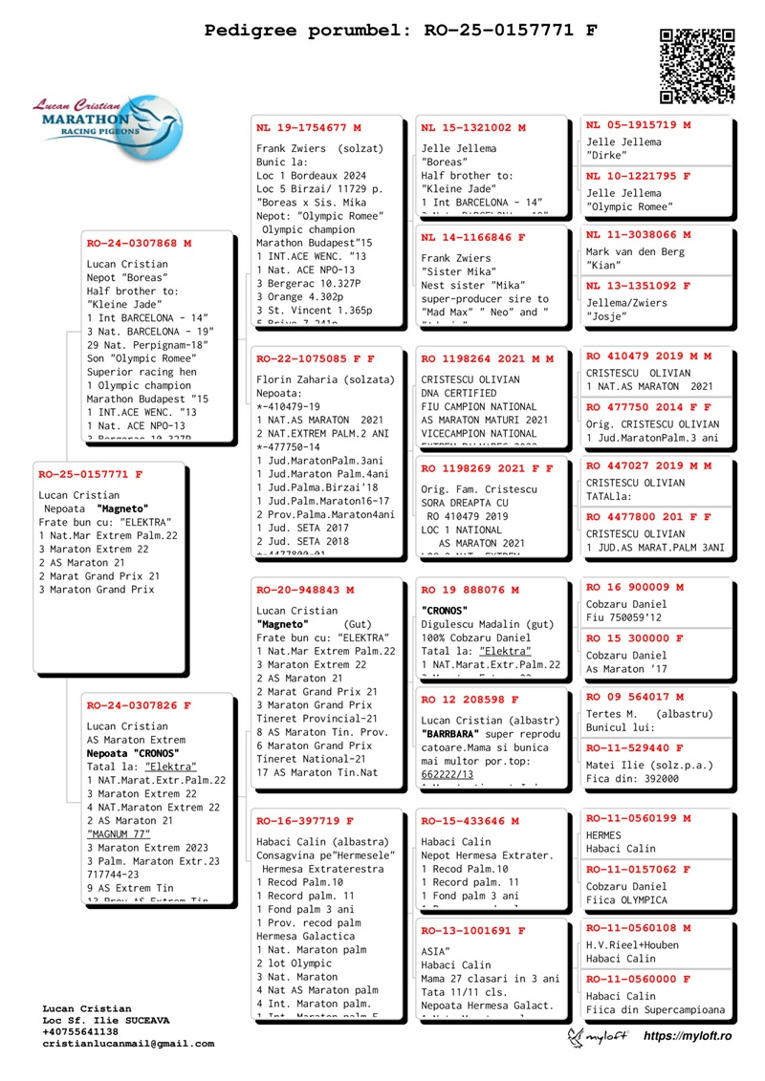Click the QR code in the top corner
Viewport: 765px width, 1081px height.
coord(697,66)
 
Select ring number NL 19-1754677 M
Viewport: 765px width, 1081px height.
coord(309,127)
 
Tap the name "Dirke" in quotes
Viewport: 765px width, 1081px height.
coord(606,155)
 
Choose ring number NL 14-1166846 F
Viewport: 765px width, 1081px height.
coord(473,237)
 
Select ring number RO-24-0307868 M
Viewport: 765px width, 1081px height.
coord(139,243)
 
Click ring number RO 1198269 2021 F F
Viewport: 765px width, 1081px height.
coord(487,468)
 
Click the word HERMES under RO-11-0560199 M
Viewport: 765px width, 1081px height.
coord(603,835)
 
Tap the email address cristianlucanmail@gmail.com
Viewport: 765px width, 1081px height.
coord(128,1044)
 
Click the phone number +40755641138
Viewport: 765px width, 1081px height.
coord(80,1031)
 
